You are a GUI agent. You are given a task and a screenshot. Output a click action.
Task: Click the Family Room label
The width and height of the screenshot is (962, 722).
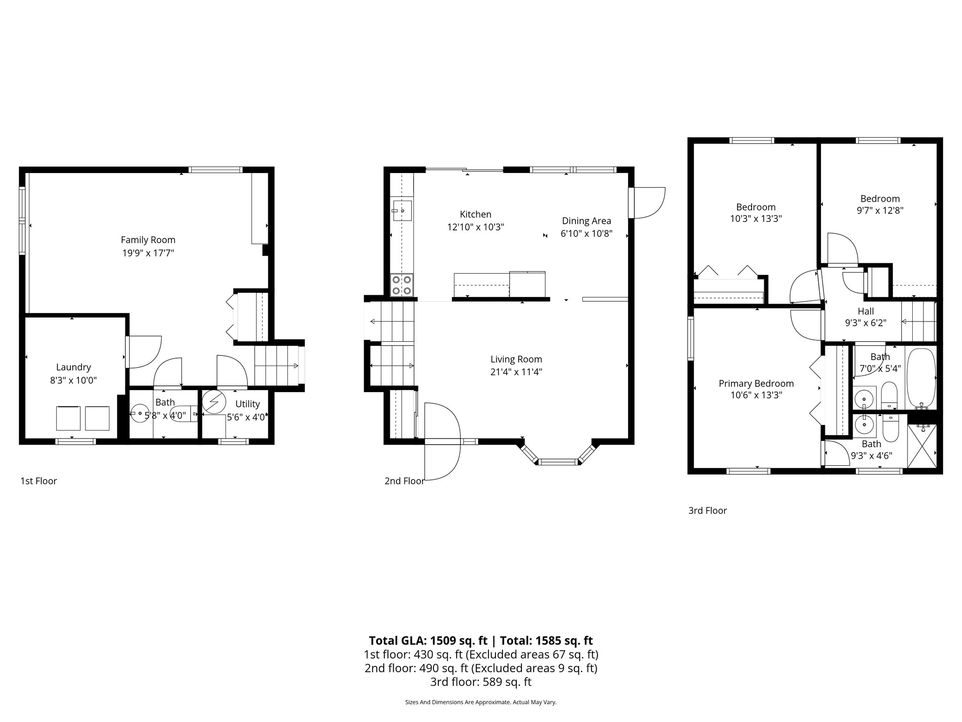pos(148,240)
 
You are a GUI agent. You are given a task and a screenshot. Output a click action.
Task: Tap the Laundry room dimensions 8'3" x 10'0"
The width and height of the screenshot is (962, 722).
pos(73,380)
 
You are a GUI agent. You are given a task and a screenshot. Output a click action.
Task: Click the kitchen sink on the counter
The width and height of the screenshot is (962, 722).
pos(402,211)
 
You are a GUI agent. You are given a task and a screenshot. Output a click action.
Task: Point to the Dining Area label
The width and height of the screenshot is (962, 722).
pos(586,221)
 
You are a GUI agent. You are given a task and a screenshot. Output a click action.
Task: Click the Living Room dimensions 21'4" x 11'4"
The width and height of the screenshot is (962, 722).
pos(516,372)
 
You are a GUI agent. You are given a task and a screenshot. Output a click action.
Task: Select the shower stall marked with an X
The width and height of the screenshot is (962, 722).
pos(922,446)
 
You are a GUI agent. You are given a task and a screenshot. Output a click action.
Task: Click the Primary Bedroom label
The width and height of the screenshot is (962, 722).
pos(756,384)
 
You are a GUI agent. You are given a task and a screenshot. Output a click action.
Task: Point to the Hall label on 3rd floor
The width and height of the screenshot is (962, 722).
pos(865,311)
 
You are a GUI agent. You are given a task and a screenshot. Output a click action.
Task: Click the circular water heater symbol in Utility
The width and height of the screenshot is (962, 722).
pos(214,402)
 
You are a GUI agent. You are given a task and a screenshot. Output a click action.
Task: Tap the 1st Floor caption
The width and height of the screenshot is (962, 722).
pos(39,481)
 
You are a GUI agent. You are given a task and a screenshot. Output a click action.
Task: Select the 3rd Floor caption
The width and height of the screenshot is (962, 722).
pos(707,510)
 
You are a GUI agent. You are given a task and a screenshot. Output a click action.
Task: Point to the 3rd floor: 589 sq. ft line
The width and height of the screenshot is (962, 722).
pos(481,682)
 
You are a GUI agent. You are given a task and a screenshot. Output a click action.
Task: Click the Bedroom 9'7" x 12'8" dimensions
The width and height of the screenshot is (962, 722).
pos(880,211)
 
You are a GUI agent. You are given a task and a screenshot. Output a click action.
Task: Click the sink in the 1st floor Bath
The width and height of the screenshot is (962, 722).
pos(139,413)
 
